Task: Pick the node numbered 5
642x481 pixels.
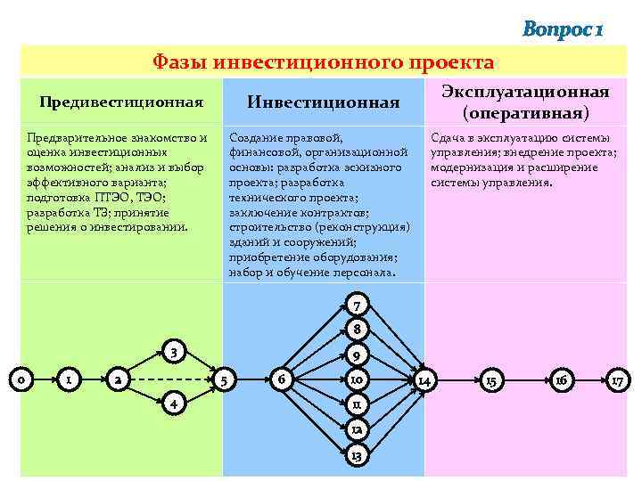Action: tap(228, 379)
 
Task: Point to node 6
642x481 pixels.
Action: tap(283, 379)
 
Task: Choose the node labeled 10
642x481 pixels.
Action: tap(356, 380)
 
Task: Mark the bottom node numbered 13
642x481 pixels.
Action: tap(356, 456)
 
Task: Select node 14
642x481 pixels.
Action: tap(425, 380)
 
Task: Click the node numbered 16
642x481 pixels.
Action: tap(560, 380)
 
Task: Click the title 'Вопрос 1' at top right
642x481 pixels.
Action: tap(564, 30)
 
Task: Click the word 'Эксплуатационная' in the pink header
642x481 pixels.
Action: tap(524, 93)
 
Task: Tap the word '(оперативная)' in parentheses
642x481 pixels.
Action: tap(524, 113)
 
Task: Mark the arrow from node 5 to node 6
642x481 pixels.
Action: tap(256, 379)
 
